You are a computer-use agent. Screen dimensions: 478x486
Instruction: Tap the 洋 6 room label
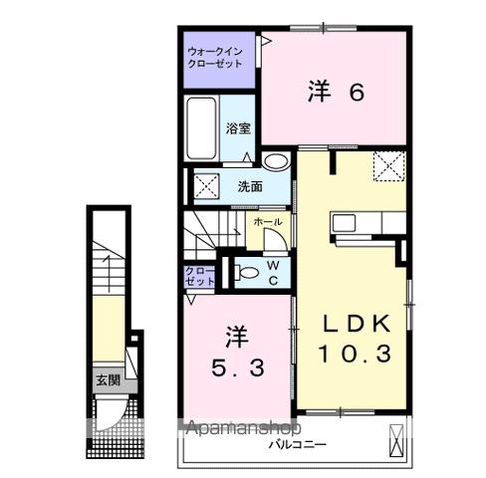pos(336,93)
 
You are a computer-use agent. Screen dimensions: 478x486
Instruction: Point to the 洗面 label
pos(250,186)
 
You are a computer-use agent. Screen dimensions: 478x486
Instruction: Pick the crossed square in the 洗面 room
pos(207,185)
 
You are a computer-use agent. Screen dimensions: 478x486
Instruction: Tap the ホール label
pos(268,221)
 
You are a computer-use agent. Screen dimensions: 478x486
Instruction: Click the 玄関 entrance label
pos(107,379)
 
